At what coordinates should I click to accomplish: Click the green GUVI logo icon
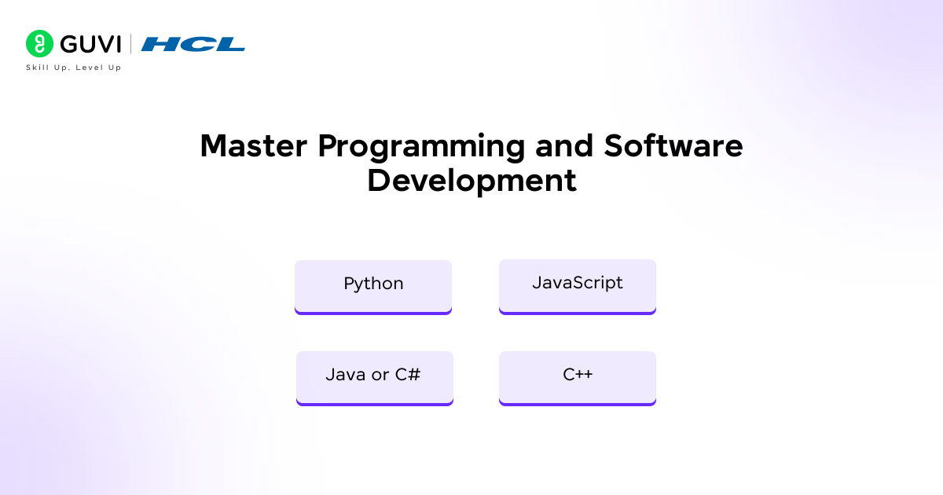[x=39, y=44]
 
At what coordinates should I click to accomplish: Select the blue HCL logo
[x=193, y=44]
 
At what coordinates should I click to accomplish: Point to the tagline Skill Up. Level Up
[x=73, y=68]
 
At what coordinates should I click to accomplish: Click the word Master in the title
[x=253, y=146]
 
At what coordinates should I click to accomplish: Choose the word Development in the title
[x=472, y=180]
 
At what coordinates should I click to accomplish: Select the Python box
[x=373, y=284]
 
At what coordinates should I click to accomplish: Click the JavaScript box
[x=578, y=284]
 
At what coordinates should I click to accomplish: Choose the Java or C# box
[x=374, y=376]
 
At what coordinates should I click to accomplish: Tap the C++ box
[x=578, y=376]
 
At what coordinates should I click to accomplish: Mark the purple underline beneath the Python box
[x=373, y=312]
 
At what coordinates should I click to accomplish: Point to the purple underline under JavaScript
[x=578, y=312]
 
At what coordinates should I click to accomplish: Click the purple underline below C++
[x=578, y=404]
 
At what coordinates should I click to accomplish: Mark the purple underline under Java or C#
[x=374, y=404]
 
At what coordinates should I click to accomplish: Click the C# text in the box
[x=407, y=375]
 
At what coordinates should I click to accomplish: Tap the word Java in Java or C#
[x=345, y=375]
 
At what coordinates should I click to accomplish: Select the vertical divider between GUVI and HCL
[x=130, y=44]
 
